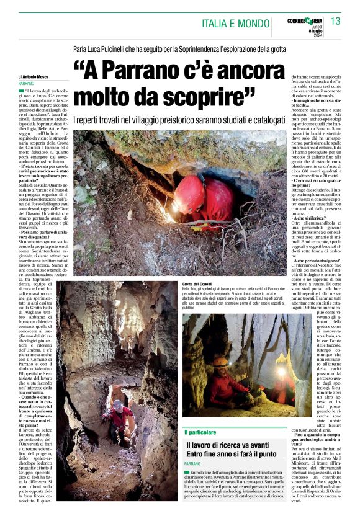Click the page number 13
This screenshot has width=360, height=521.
coord(335,22)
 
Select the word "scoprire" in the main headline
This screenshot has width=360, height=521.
coord(200,95)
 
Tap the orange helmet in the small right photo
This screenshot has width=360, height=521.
coord(221,362)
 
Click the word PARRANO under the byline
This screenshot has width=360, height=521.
coord(27,82)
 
